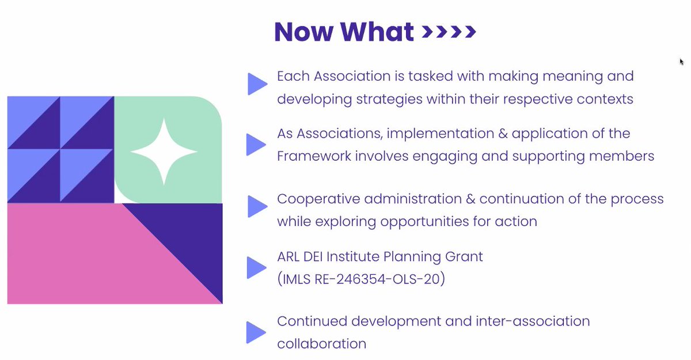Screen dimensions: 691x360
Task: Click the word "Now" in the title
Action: coord(304,32)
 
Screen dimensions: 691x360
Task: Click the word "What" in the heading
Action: coord(377,32)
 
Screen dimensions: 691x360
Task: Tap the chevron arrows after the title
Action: coord(449,32)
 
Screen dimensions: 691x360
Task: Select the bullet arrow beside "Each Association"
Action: coord(257,84)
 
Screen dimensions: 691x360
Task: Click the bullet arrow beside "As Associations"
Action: coord(256,145)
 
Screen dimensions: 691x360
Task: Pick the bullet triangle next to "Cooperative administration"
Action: coord(257,206)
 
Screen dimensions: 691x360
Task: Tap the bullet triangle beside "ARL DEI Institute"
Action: coord(257,267)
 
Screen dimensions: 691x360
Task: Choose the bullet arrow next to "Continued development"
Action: coord(256,332)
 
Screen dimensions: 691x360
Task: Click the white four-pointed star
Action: coord(164,151)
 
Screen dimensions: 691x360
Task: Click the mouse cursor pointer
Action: coord(681,62)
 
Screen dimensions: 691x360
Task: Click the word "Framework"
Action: coord(314,156)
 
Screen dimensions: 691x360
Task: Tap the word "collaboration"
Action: coord(322,344)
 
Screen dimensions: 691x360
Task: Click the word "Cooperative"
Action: coord(318,199)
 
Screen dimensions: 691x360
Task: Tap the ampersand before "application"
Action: coord(503,134)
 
